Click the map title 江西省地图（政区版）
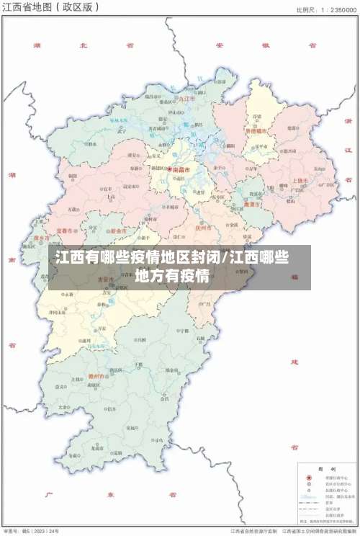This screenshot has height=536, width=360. click(50, 8)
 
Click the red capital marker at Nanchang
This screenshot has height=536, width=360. click(170, 170)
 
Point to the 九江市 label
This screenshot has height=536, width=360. click(187, 98)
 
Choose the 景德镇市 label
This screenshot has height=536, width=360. click(256, 131)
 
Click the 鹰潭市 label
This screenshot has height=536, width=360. click(251, 204)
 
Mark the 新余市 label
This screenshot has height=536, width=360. click(118, 231)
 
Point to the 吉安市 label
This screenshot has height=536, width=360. click(106, 279)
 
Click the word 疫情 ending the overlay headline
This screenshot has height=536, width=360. click(193, 274)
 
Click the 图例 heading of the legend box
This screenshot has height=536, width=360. click(323, 467)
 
